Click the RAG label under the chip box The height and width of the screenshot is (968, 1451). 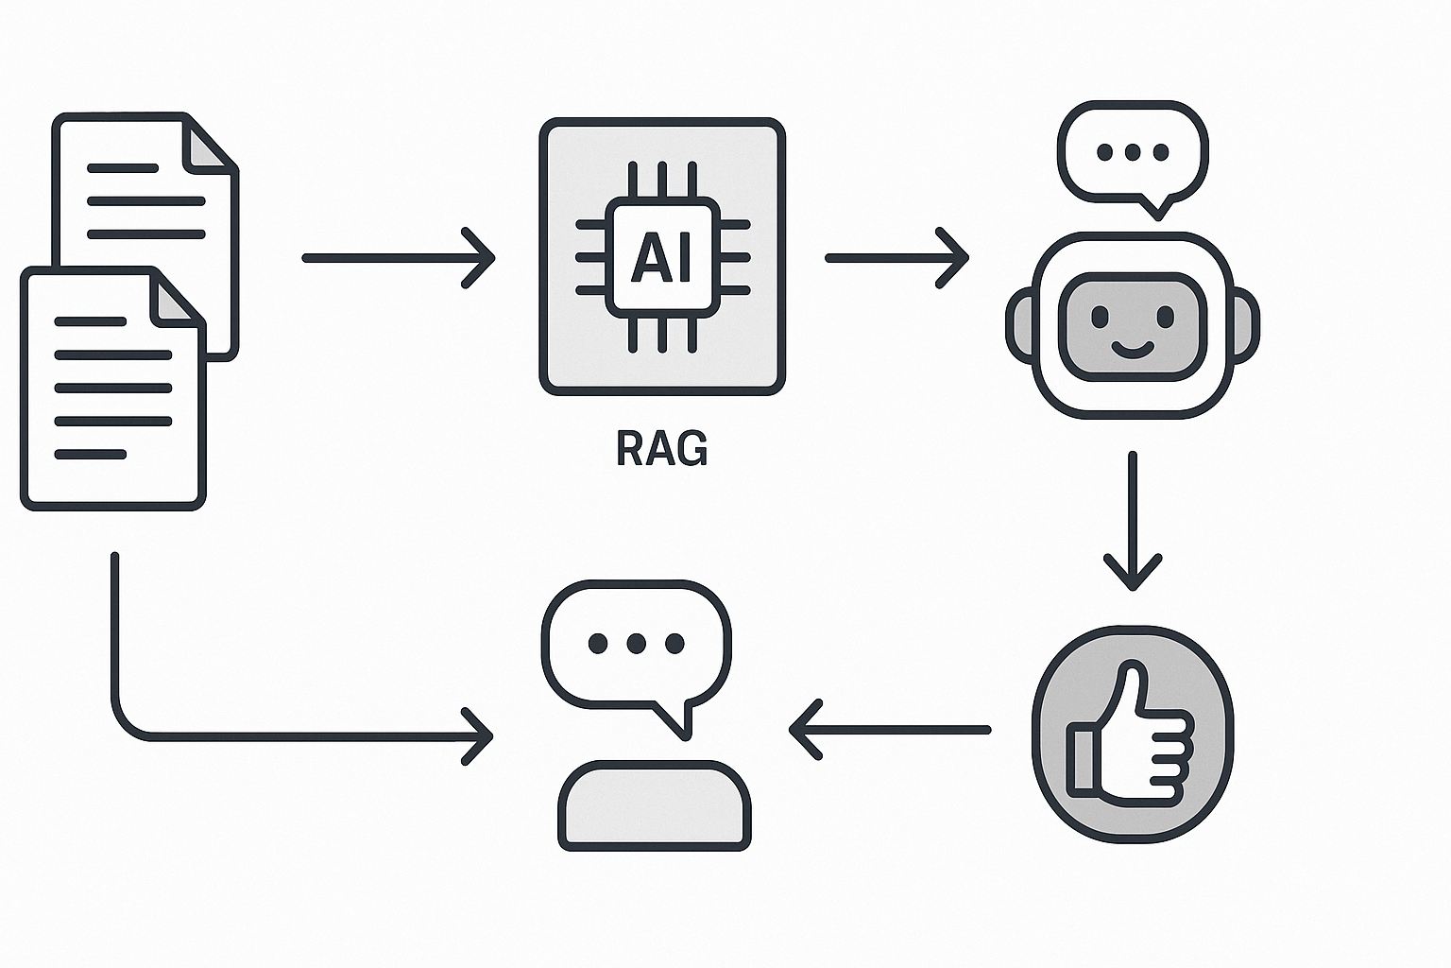661,448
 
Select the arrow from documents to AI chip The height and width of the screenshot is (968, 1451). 397,257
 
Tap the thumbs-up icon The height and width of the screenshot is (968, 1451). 1132,734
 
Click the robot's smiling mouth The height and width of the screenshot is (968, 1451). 1132,351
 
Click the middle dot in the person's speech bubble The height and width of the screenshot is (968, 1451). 636,644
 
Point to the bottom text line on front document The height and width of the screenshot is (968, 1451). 91,455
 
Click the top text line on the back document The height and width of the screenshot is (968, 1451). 123,168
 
